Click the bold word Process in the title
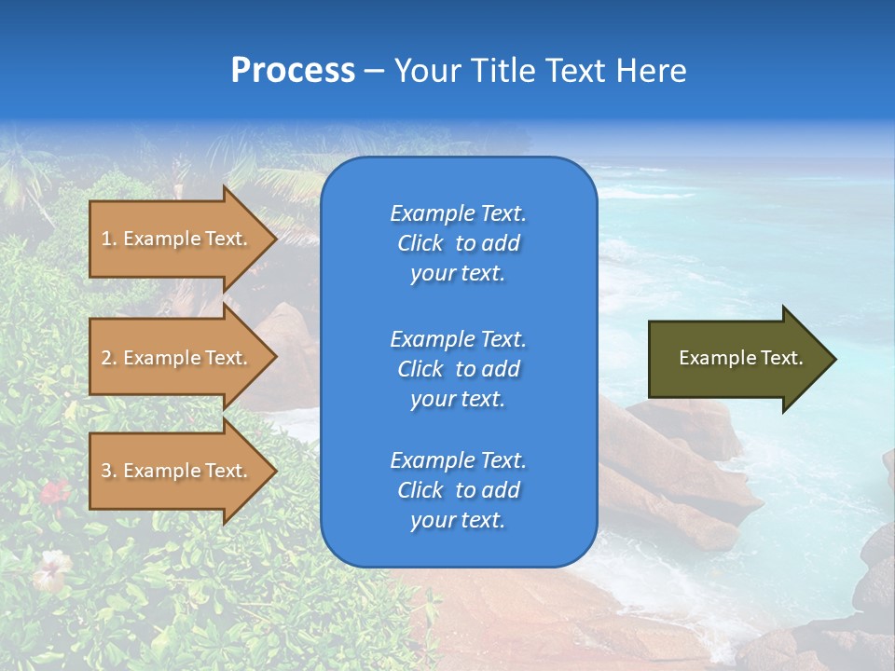coord(293,71)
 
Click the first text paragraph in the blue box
coord(458,243)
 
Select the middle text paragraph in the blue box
coord(458,369)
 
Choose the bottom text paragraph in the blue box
coord(458,490)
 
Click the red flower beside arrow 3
coord(55,491)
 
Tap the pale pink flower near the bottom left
coord(50,568)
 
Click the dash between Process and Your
coord(374,72)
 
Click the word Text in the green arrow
coord(782,358)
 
